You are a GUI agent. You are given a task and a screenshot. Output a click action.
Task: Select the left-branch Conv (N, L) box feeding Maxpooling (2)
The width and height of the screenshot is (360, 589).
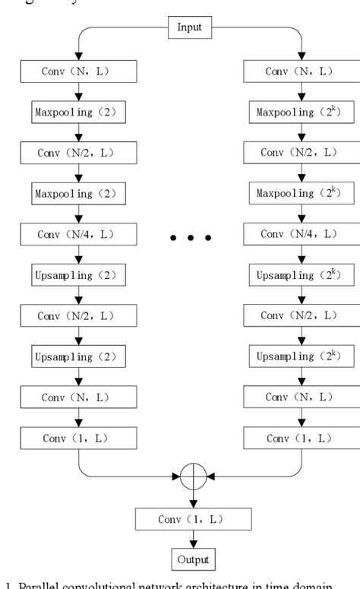79,73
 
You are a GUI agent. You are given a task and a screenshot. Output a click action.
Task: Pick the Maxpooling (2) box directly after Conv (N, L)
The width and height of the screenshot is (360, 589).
79,114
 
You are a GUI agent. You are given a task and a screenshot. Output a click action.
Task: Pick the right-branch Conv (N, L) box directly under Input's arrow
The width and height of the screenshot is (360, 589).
302,73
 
